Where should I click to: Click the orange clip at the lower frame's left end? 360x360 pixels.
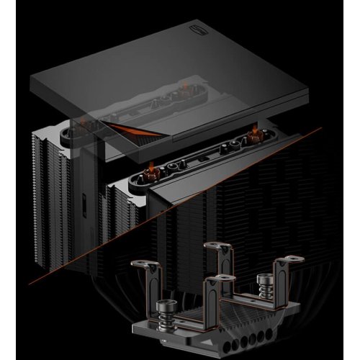151,171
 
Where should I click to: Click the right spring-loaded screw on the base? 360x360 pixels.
260,283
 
